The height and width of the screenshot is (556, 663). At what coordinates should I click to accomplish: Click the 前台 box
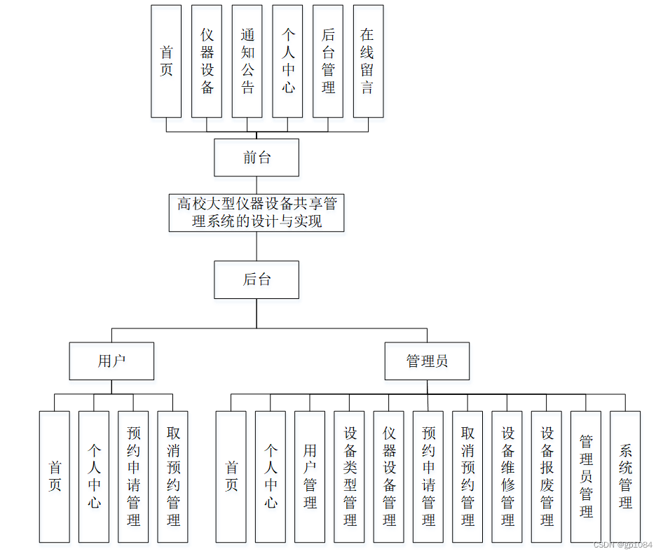257,158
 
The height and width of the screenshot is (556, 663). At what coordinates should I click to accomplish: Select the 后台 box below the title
257,280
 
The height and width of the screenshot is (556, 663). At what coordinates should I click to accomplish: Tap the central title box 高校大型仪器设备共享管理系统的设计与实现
257,213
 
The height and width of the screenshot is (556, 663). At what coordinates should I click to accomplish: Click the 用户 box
111,361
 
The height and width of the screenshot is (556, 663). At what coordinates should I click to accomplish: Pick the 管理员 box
427,361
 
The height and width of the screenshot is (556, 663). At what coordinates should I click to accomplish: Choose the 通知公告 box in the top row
247,61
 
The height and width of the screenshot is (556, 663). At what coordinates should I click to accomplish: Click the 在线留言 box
368,61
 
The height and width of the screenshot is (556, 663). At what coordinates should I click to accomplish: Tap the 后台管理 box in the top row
328,61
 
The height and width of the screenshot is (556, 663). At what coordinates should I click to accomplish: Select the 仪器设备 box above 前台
207,61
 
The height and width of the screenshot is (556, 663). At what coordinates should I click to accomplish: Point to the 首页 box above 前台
166,61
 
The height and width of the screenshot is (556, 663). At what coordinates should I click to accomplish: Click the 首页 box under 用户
55,476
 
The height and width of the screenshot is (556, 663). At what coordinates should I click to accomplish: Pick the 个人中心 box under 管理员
271,476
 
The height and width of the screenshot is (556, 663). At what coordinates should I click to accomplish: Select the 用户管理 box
310,476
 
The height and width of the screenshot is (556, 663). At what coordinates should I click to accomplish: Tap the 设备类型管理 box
349,476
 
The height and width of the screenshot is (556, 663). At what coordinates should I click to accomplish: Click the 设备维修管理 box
507,476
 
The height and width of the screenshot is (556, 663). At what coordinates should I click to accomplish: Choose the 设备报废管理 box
547,476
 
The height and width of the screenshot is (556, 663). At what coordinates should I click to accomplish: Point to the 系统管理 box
625,476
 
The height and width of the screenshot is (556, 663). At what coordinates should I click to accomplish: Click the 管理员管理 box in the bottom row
586,476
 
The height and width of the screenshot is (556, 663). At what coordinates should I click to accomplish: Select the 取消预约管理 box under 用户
173,476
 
